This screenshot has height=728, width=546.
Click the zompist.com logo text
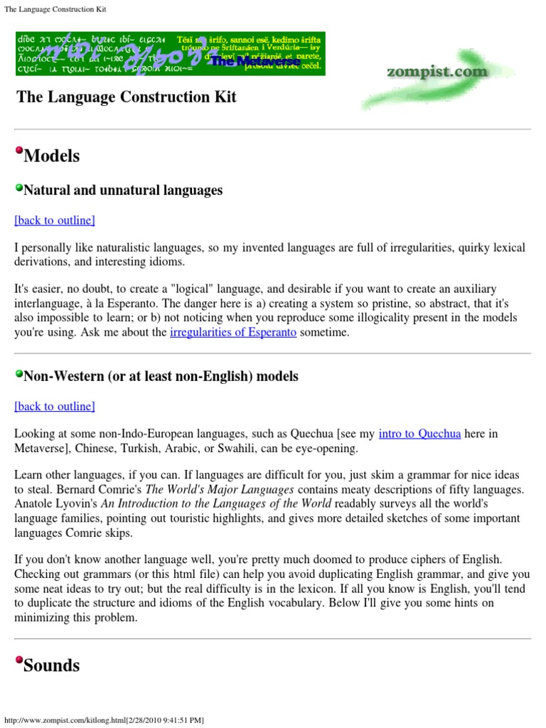(x=437, y=72)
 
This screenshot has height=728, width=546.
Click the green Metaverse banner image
(x=170, y=53)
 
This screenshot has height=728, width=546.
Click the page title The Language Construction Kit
(x=127, y=97)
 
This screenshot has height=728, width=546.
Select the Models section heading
(x=51, y=156)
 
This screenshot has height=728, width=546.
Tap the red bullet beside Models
(x=18, y=150)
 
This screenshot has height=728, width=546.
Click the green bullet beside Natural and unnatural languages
(x=18, y=188)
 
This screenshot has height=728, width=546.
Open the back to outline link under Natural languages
(x=55, y=220)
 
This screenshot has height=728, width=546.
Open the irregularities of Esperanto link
(x=233, y=333)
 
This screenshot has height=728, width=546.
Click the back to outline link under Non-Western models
(x=55, y=407)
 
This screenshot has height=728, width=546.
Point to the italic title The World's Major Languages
(x=220, y=490)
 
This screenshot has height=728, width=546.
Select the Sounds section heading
(x=52, y=665)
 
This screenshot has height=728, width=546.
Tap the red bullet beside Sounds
(x=18, y=660)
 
